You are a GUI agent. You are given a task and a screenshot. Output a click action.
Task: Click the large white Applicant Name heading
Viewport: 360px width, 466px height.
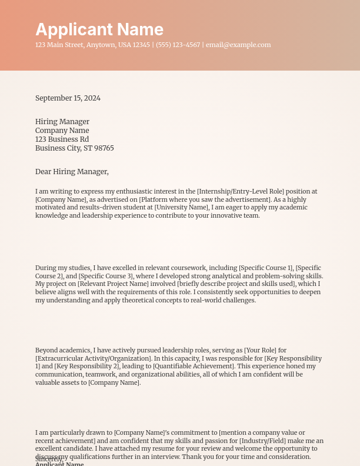[99, 29]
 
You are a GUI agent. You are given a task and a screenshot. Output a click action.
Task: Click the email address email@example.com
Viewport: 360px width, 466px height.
[238, 45]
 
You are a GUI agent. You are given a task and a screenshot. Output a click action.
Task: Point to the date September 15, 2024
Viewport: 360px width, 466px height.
[68, 98]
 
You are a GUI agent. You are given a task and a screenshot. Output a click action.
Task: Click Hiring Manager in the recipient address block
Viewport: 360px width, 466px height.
[62, 122]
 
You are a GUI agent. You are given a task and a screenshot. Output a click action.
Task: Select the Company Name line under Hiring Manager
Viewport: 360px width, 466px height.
[62, 131]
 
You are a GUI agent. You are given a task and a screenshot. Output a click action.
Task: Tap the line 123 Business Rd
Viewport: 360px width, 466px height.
[62, 139]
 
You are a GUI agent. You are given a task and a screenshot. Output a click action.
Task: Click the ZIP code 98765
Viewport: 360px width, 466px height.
[104, 148]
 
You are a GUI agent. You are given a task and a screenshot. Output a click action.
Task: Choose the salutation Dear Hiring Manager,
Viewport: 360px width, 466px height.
[72, 172]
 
